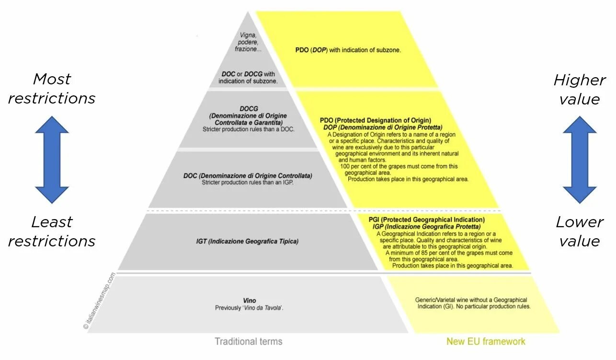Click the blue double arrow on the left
click(52, 160)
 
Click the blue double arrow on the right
click(580, 160)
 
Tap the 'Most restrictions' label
click(52, 89)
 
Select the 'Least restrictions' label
click(52, 232)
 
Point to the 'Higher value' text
click(580, 90)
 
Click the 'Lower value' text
click(580, 232)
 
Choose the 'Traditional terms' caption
click(248, 342)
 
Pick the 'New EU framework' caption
click(486, 342)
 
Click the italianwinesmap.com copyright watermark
click(99, 301)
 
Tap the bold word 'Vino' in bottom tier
click(249, 301)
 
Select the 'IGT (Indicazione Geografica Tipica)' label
click(247, 242)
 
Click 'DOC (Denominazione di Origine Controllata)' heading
click(248, 176)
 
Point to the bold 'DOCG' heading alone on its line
click(249, 109)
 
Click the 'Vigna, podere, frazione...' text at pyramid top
click(248, 42)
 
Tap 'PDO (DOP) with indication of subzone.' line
click(348, 50)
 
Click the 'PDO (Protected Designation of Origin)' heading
click(376, 120)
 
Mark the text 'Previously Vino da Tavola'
click(249, 308)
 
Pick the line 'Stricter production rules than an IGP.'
click(247, 183)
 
